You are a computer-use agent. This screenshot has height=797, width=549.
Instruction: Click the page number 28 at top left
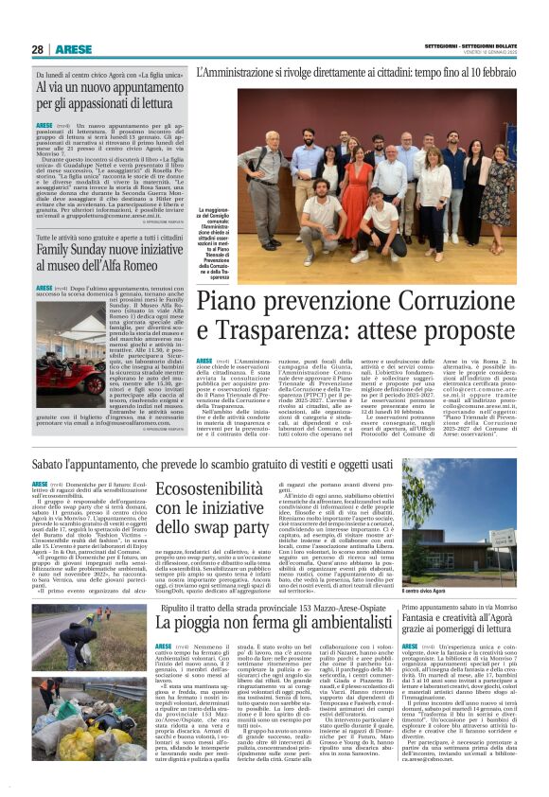[38, 49]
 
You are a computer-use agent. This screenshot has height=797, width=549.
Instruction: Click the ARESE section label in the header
[75, 49]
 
